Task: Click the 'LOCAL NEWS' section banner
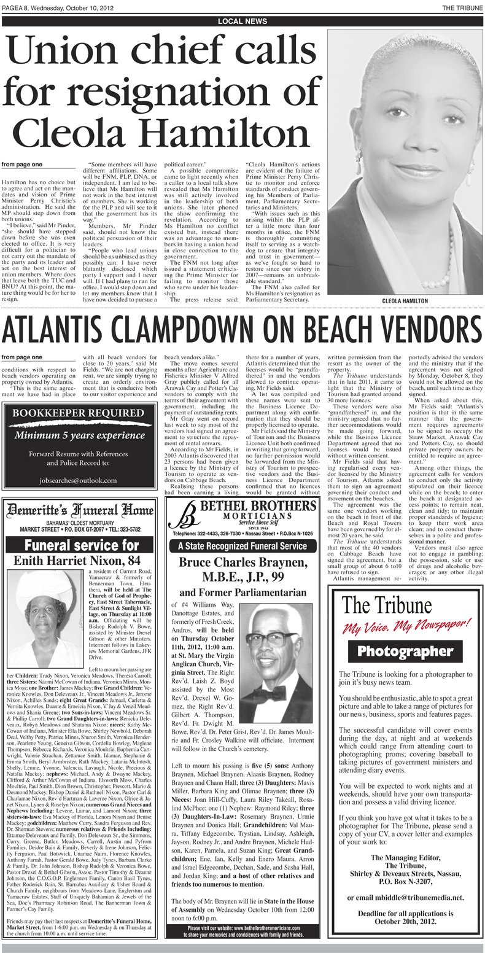click(243, 21)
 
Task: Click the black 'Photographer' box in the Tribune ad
click(406, 650)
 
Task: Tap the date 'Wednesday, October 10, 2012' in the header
click(68, 6)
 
